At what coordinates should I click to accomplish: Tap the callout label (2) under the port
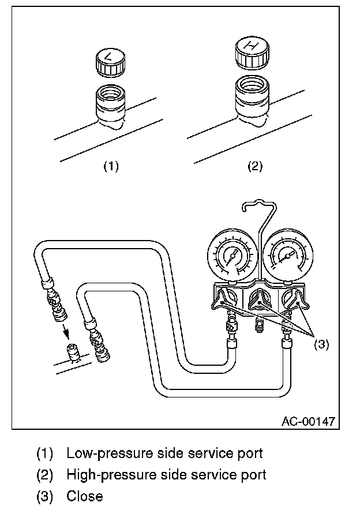(254, 166)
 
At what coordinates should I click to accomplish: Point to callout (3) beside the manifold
(321, 344)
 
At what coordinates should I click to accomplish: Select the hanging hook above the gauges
(260, 214)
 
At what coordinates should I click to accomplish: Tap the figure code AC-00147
(308, 421)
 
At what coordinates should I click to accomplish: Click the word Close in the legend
(84, 496)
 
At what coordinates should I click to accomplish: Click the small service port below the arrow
(73, 353)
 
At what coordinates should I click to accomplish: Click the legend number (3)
(45, 496)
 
